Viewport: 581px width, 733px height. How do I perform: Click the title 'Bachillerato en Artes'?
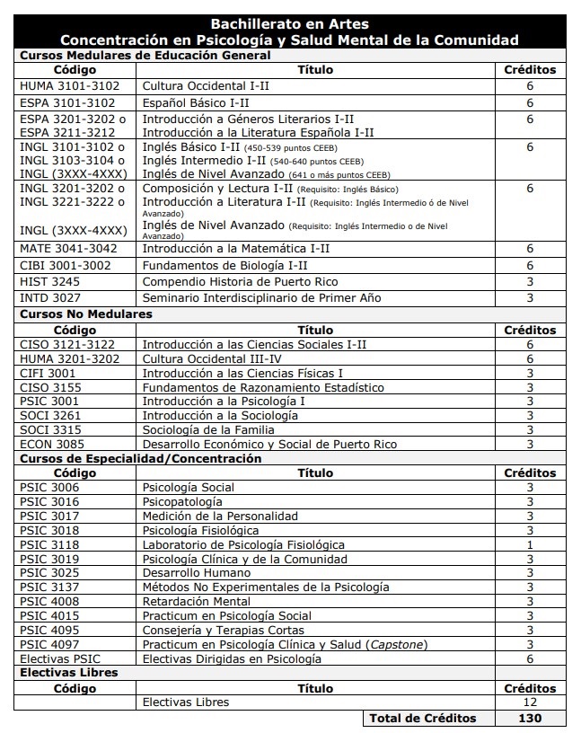pos(289,24)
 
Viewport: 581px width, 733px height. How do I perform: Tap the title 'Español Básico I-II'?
pos(196,102)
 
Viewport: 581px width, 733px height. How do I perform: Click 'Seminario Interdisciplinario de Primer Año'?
pos(261,297)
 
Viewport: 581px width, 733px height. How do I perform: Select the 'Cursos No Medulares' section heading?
pos(86,314)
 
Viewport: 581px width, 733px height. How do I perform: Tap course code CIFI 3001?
pos(48,373)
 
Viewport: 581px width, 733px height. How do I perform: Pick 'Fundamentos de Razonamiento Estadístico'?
pos(263,387)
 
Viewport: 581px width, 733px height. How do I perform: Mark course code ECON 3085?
pos(53,445)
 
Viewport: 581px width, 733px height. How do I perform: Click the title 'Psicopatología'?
pos(182,501)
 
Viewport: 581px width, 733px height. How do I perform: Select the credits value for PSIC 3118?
pos(530,544)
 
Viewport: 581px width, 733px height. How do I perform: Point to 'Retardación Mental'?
pos(197,602)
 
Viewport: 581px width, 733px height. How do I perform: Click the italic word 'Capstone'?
pos(392,645)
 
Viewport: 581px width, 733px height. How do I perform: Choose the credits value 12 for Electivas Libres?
pos(530,702)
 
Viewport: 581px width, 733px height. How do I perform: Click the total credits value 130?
pos(530,718)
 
